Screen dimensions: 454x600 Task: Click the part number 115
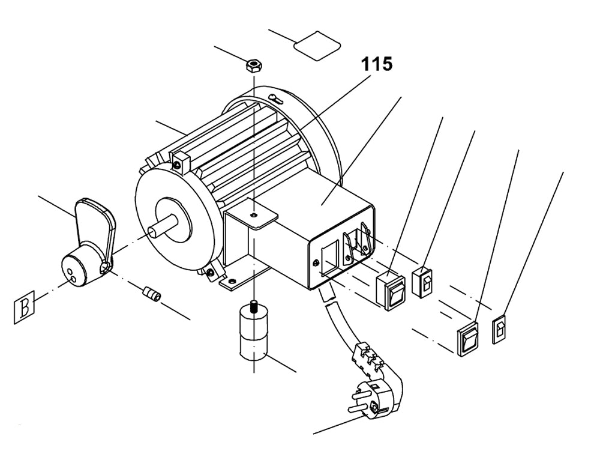click(376, 64)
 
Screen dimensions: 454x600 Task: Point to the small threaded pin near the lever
click(152, 295)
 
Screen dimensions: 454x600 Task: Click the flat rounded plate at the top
click(317, 44)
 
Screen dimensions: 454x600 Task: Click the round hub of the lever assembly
click(80, 269)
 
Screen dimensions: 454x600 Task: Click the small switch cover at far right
click(500, 330)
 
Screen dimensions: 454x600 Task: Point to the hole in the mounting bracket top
click(254, 213)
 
